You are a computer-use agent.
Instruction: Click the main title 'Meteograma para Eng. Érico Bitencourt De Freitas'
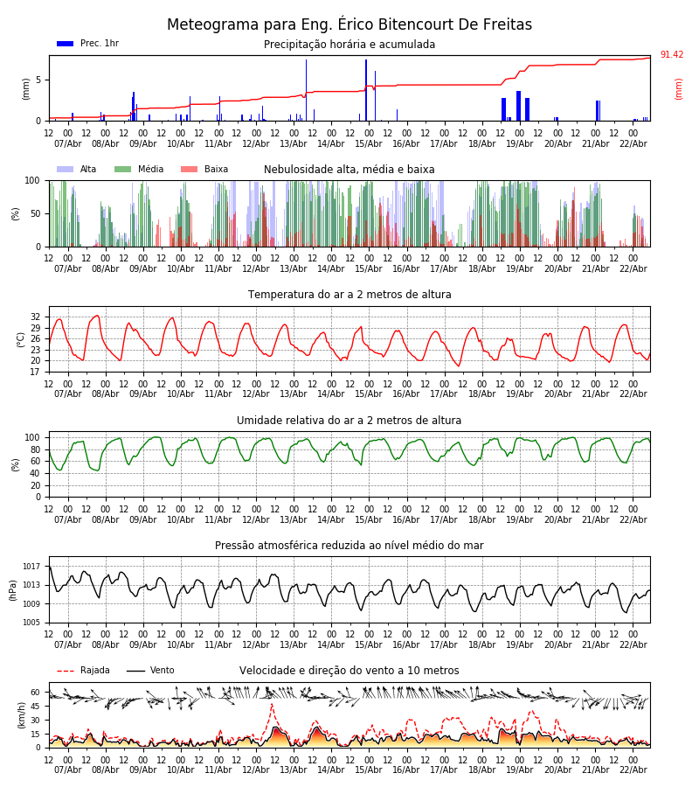pyautogui.click(x=349, y=24)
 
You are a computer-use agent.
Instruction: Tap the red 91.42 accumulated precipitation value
pyautogui.click(x=671, y=55)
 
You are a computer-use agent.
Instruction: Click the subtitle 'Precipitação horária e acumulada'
pyautogui.click(x=349, y=45)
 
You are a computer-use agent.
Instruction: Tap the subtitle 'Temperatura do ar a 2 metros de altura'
pyautogui.click(x=349, y=295)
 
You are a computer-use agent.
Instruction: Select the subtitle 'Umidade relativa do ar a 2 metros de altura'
pyautogui.click(x=349, y=421)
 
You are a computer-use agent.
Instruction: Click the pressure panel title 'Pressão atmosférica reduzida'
pyautogui.click(x=349, y=546)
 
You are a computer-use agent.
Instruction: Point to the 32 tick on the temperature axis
pyautogui.click(x=36, y=317)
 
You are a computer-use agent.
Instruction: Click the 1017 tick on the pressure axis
pyautogui.click(x=32, y=567)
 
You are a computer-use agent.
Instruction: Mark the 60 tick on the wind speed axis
pyautogui.click(x=36, y=692)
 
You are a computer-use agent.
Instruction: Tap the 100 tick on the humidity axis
pyautogui.click(x=33, y=437)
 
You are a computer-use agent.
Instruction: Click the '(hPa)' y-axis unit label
pyautogui.click(x=14, y=589)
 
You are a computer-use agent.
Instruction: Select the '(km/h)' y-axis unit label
pyautogui.click(x=23, y=714)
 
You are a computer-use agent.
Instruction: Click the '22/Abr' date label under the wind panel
pyautogui.click(x=633, y=770)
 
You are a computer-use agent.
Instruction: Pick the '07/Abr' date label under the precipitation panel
pyautogui.click(x=68, y=143)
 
